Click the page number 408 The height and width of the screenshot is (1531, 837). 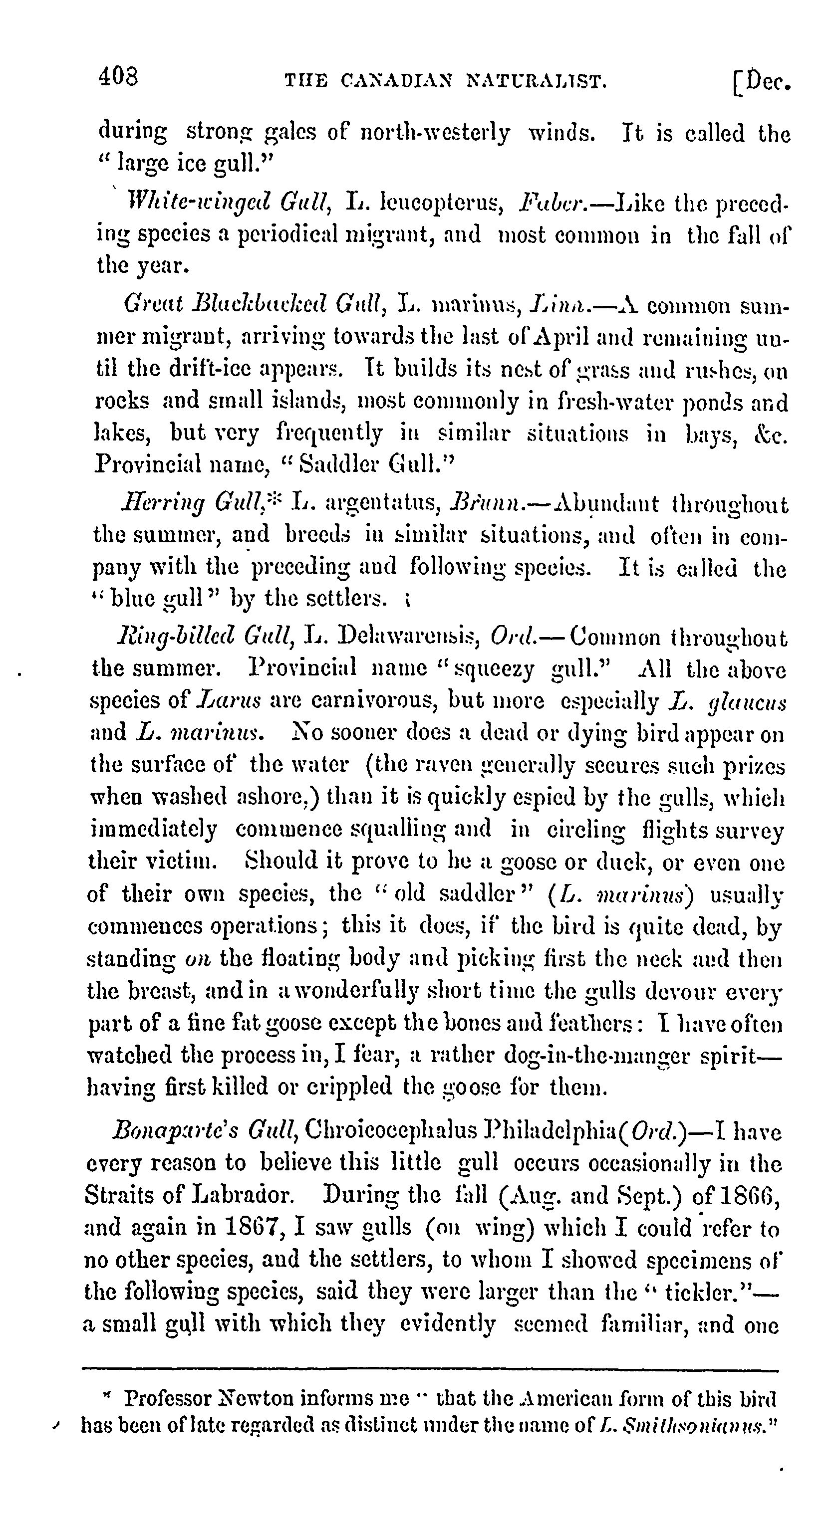coord(118,77)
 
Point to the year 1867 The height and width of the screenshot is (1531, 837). coord(262,1227)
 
